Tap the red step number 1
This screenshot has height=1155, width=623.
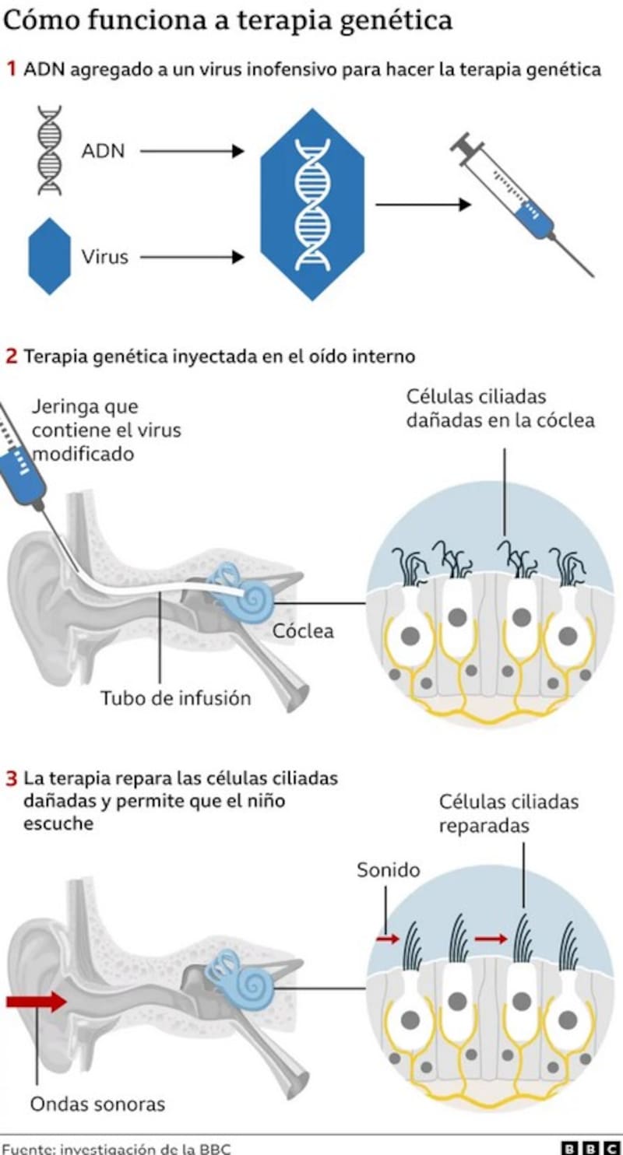(x=12, y=69)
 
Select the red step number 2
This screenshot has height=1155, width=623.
(x=12, y=356)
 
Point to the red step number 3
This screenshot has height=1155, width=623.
(x=12, y=778)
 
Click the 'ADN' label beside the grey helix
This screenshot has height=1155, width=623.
(x=103, y=151)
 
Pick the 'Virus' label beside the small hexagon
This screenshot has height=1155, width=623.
(x=105, y=256)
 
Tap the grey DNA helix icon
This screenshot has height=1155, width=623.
(x=51, y=150)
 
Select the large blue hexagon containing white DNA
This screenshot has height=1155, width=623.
(x=311, y=204)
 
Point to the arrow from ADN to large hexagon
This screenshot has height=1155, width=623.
(x=192, y=152)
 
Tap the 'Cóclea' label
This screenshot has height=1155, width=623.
(x=303, y=630)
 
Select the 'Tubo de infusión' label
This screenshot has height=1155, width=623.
(x=175, y=698)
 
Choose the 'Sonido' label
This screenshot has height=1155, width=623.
(x=388, y=869)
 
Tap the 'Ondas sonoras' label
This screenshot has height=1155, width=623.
(x=97, y=1104)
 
